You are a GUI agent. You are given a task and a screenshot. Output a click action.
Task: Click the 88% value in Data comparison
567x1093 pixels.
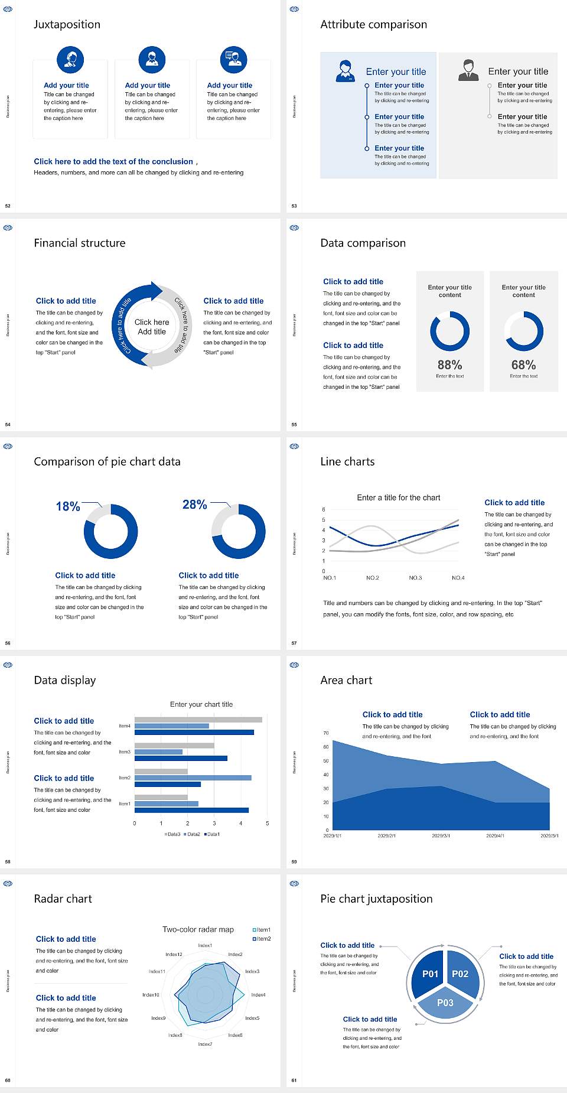click(x=449, y=365)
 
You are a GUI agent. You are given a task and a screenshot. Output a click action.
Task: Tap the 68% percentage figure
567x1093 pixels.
click(x=523, y=365)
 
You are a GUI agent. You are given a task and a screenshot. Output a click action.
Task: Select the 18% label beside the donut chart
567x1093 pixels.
click(x=68, y=506)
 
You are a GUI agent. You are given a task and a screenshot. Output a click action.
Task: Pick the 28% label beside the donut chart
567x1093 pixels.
click(x=194, y=505)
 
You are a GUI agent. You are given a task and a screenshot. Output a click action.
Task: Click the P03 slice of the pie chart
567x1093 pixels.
click(x=445, y=1003)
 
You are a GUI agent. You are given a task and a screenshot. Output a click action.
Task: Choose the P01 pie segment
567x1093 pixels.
click(x=430, y=974)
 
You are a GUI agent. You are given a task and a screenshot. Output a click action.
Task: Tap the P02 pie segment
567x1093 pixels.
click(x=460, y=974)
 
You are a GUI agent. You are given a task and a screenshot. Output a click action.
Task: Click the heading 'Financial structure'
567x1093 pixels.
click(x=80, y=243)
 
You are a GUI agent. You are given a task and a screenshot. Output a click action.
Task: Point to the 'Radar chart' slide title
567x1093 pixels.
click(x=63, y=899)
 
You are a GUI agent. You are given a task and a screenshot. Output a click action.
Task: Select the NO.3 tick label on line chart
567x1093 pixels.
click(x=415, y=578)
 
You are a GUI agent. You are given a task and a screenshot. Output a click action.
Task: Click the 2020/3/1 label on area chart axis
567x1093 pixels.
click(x=441, y=836)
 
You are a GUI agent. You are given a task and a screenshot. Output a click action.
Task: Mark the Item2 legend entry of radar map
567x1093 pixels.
click(x=262, y=939)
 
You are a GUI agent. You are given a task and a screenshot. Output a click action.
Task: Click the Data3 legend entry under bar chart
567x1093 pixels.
click(x=172, y=834)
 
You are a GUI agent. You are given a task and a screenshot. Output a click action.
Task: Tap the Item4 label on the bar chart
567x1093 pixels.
click(x=125, y=726)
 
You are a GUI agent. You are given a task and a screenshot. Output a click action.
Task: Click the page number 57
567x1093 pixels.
click(x=294, y=643)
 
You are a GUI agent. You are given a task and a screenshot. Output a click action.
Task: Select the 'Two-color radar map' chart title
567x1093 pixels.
click(x=198, y=929)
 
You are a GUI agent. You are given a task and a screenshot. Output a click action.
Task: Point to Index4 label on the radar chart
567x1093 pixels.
click(x=258, y=995)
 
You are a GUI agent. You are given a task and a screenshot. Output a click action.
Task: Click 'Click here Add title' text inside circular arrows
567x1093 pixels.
click(x=152, y=327)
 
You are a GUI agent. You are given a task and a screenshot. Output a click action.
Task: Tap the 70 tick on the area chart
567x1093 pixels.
click(x=326, y=733)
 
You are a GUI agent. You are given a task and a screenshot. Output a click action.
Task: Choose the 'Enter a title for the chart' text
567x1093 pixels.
click(x=399, y=497)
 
